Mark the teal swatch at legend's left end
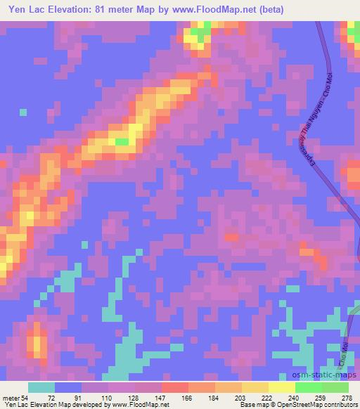point(41,388)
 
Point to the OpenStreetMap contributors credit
point(317,405)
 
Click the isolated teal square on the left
point(23,112)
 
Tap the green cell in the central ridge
point(122,142)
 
